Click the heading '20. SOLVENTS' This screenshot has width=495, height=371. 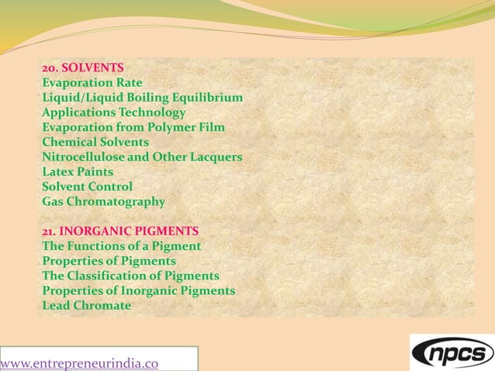point(82,68)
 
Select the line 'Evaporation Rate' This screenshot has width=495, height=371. point(92,82)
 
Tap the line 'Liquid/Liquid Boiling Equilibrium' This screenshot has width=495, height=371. point(142,97)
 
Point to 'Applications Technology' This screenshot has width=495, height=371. point(113,113)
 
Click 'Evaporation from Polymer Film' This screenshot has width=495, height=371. point(133,127)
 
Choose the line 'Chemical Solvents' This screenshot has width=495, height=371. point(95,142)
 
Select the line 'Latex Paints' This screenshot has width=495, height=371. point(78,172)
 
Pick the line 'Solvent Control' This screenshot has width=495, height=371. point(87,186)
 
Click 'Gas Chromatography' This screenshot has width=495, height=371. point(103,202)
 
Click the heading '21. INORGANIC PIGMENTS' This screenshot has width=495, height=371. point(120,231)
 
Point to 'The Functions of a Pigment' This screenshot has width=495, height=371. point(121,246)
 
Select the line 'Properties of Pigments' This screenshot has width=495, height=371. point(109,261)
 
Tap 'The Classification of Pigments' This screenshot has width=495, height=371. point(130,276)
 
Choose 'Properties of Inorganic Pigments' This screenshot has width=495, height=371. point(138,290)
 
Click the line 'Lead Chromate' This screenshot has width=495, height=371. point(86,305)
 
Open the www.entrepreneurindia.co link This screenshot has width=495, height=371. point(80,362)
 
